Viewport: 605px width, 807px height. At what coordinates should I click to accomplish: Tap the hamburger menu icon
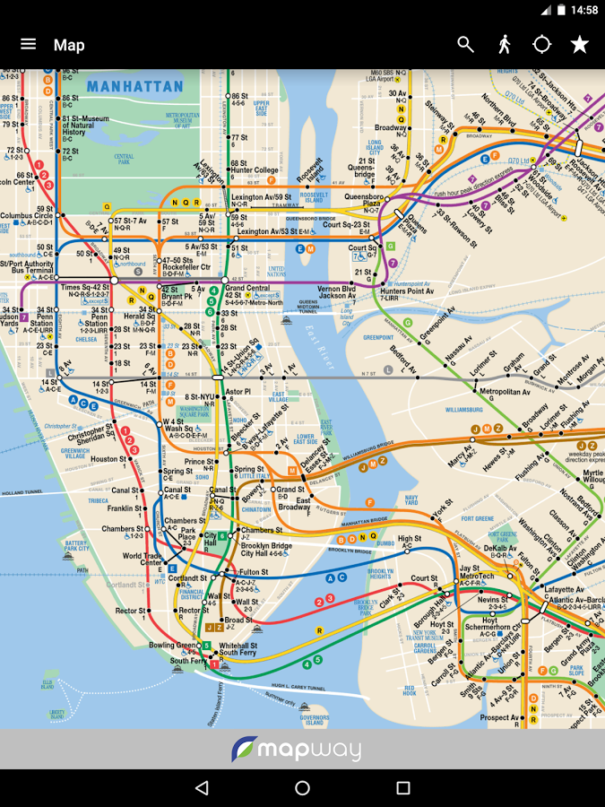pos(29,44)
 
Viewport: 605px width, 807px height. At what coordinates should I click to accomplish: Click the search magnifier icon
pos(465,44)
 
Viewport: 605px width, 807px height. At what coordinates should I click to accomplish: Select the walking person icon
pos(505,44)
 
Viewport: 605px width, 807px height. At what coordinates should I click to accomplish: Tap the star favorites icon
pos(580,44)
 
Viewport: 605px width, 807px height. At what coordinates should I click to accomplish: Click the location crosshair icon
pos(542,44)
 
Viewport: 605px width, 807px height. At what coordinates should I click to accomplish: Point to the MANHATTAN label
pos(134,88)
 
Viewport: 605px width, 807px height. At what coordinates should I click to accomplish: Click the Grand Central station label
pos(247,289)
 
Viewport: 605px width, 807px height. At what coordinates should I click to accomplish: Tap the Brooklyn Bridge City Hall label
pos(266,550)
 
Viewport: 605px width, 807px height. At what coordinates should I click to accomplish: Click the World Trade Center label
pos(143,560)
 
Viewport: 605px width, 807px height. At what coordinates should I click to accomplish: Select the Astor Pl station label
pos(238,392)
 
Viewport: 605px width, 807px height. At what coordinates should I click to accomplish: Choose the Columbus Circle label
pos(27,216)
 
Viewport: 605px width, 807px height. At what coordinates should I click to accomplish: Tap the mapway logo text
pos(309,750)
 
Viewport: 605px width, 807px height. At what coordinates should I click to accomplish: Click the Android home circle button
pos(302,788)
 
